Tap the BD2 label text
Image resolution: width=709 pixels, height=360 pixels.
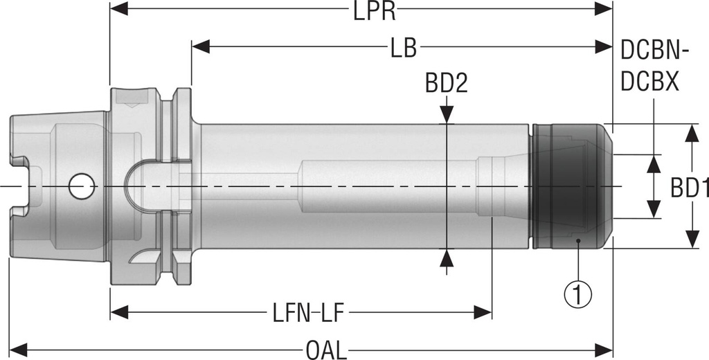click(x=447, y=84)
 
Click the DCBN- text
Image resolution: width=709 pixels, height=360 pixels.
click(x=653, y=49)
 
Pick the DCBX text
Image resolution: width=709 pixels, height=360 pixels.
click(x=649, y=81)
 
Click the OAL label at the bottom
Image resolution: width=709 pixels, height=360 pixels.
click(x=325, y=350)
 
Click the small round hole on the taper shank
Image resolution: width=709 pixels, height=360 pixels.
click(x=82, y=186)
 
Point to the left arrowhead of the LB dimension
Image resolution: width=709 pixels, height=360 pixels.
click(x=199, y=46)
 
